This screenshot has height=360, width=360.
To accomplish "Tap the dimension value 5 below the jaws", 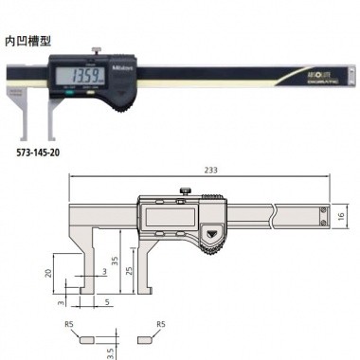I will coord(107,303).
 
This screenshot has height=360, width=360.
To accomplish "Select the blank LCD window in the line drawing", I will coord(164,218).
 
